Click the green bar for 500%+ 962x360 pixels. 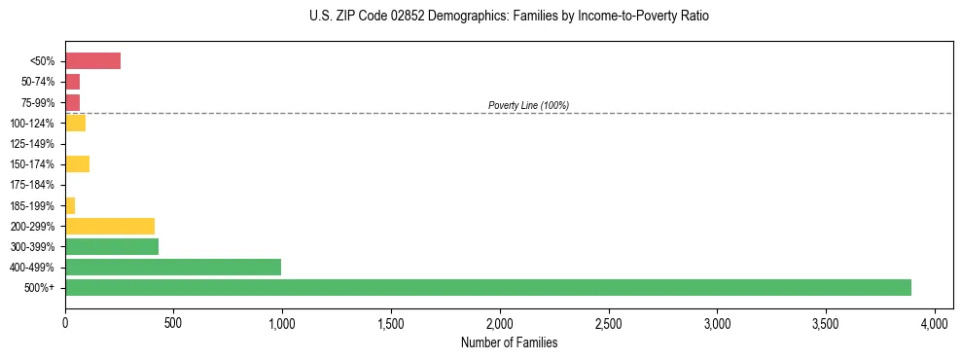tap(487, 287)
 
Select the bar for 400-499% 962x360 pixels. tap(173, 267)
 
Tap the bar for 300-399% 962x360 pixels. tap(112, 246)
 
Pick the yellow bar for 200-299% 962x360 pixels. tap(110, 226)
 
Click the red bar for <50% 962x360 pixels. tap(92, 61)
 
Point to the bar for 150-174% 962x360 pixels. tap(77, 163)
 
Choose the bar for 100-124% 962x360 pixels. tap(75, 123)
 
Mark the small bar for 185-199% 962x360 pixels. tap(70, 205)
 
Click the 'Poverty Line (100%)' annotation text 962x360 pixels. tap(528, 105)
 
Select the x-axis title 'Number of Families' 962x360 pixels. tap(509, 342)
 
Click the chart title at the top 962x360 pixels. tap(510, 17)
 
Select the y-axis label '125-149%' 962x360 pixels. tap(32, 144)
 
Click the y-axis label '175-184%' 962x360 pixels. tap(32, 185)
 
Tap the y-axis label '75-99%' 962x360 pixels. tap(36, 102)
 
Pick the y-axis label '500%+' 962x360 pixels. tap(40, 288)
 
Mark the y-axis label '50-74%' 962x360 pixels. tap(36, 82)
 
